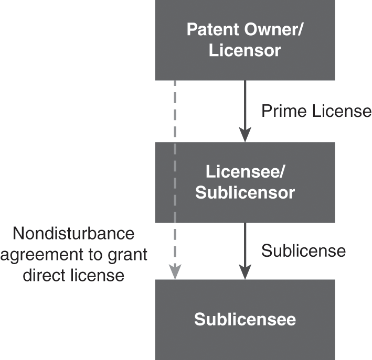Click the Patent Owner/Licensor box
tap(245, 40)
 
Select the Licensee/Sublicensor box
tap(245, 182)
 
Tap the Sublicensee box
tap(245, 319)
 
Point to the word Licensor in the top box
tap(245, 51)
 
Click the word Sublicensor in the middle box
tap(245, 193)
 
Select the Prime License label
tap(316, 111)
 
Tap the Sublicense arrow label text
tap(303, 250)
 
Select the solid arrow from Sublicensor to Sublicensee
tap(245, 246)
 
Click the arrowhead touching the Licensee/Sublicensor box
tap(245, 135)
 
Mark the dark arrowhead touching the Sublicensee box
tap(245, 272)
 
